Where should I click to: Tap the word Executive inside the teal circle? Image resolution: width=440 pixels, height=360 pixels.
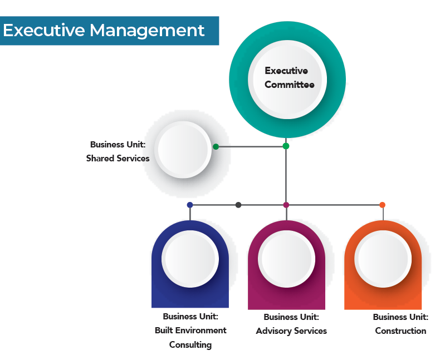pos(286,71)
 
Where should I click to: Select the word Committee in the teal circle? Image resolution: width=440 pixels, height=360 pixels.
pos(289,85)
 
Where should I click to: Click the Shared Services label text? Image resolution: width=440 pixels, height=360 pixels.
pos(118,158)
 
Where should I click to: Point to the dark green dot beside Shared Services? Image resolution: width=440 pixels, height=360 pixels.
pos(216,147)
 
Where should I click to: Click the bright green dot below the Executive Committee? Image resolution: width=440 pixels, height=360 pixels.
pos(286,146)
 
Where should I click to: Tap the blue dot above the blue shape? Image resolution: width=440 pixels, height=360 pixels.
pos(190,205)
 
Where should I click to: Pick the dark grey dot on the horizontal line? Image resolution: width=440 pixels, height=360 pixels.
pos(238,205)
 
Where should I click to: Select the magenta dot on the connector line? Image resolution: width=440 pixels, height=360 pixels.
pos(286,205)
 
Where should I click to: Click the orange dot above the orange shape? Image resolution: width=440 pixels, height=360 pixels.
pos(382,205)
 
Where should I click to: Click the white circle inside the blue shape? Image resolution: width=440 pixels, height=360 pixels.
pos(189,259)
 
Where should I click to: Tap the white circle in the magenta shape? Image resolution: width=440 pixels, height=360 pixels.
pos(286,259)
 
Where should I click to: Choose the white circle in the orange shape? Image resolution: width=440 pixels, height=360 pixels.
pos(383,259)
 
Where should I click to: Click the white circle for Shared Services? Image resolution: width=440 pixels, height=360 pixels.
pos(184,150)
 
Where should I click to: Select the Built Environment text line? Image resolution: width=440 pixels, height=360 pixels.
pos(190,330)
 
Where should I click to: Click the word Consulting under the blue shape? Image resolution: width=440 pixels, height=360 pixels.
pos(190,344)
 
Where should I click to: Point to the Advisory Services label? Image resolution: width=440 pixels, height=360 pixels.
pos(291,331)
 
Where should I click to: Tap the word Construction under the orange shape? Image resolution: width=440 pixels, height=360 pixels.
pos(400,331)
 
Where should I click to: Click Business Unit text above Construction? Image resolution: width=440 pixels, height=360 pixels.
pos(400,317)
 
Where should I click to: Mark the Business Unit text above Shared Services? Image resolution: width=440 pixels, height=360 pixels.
pos(118,144)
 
